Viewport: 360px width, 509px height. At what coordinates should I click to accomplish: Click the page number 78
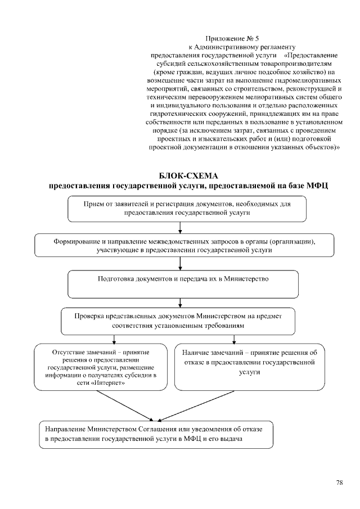pos(340,483)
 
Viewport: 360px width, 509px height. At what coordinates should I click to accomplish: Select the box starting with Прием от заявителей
pos(187,209)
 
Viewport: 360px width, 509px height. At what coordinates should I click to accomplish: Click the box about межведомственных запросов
pos(184,246)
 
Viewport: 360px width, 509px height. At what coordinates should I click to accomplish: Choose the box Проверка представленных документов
pos(178,321)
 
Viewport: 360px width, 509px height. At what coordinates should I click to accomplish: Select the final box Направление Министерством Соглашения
pos(156,434)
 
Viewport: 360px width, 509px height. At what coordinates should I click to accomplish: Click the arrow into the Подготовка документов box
pos(179,264)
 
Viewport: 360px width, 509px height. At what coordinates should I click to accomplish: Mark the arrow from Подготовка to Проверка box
pos(179,301)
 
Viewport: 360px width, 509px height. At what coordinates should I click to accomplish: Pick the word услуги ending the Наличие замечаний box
pos(249,372)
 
